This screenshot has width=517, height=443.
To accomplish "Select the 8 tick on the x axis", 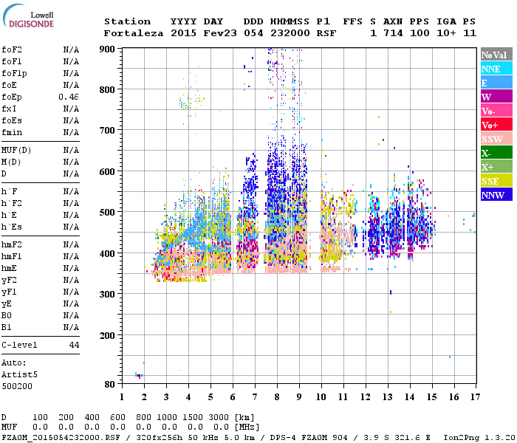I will point(277,397).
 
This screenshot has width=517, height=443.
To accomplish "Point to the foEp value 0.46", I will point(69,97).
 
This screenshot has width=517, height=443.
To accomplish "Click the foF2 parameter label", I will point(11,49).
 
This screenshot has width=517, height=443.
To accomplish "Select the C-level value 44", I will point(74,345).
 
